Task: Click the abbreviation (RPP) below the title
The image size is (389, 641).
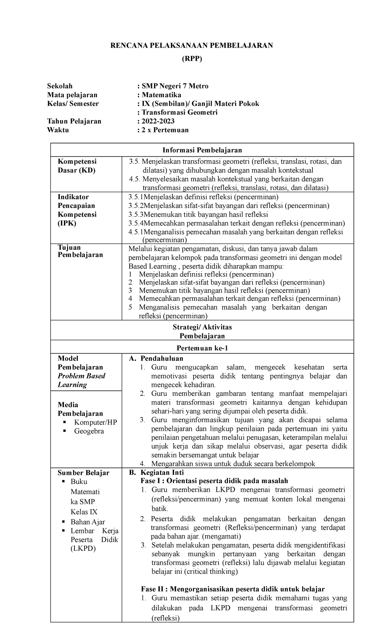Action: [192, 59]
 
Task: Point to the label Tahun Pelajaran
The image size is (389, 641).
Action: [74, 121]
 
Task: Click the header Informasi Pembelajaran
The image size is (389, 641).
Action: [202, 150]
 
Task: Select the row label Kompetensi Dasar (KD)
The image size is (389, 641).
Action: [77, 166]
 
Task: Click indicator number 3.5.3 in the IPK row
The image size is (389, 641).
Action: [136, 214]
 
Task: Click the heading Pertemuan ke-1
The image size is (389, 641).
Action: [202, 348]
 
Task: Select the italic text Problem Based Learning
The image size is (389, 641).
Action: [81, 380]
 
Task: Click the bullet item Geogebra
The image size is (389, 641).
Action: [89, 431]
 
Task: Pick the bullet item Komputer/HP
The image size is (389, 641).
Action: [95, 422]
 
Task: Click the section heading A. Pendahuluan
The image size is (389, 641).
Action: [156, 358]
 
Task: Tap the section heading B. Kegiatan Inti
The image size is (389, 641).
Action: [156, 473]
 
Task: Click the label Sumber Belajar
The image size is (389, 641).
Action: [83, 473]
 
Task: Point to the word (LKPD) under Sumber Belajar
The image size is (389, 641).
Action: [83, 549]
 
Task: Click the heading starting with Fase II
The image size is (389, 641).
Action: [232, 589]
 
